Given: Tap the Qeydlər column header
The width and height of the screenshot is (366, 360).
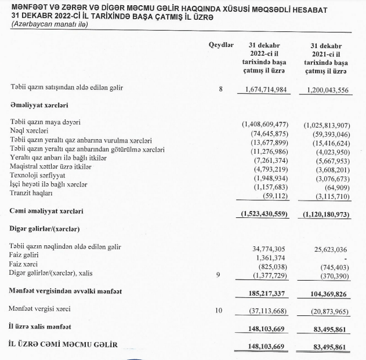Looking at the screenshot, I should [x=220, y=45].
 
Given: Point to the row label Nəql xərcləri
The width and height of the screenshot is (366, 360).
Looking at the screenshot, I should [x=29, y=132].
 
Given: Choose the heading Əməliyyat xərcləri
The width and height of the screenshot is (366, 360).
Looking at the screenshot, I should [x=39, y=106].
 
